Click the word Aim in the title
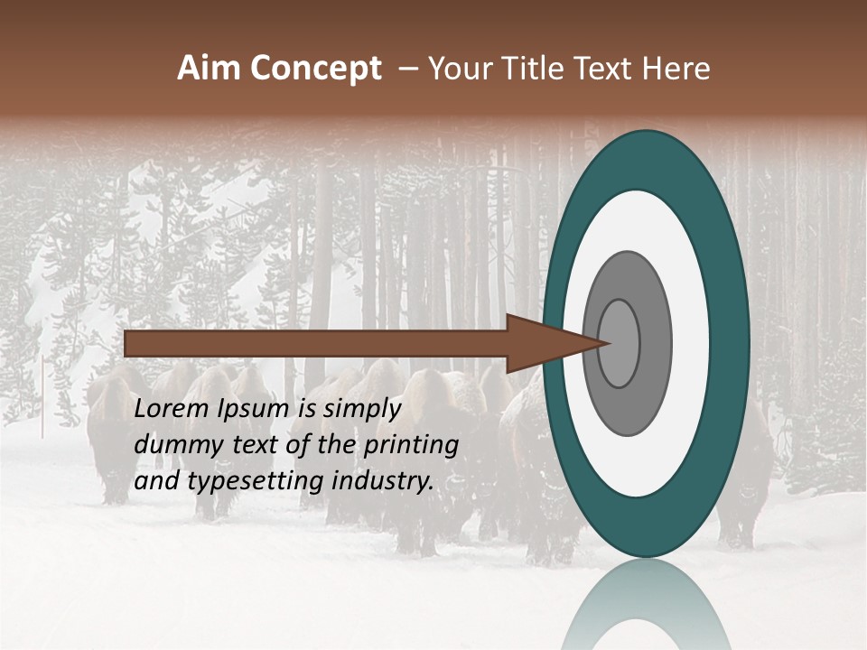(x=210, y=69)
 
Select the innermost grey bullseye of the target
(x=619, y=343)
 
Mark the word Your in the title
(x=459, y=69)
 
